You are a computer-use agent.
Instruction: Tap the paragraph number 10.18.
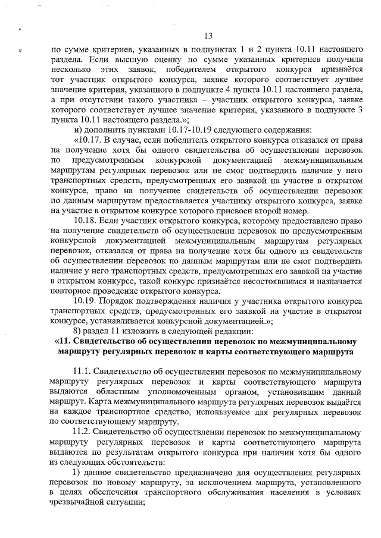[85, 221]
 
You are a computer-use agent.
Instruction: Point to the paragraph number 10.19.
[85, 300]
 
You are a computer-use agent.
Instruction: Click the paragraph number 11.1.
[85, 369]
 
